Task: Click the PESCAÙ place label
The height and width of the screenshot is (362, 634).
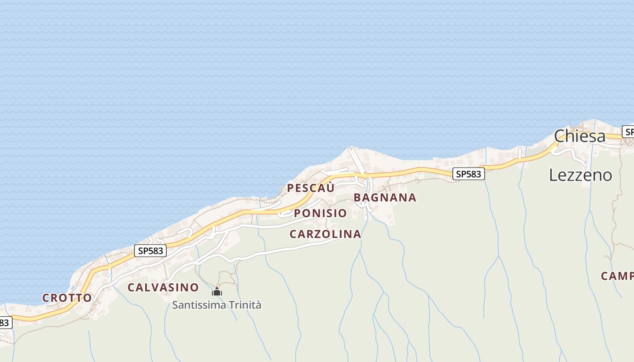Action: (311, 187)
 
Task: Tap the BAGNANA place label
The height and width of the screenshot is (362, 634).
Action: (384, 197)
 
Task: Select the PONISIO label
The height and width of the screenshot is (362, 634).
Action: (320, 213)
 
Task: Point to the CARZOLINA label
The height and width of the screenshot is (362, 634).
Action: (325, 234)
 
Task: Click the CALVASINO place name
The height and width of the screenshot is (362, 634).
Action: (163, 287)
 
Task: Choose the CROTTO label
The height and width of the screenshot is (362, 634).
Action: (67, 298)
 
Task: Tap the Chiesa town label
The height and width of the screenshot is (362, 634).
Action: (580, 136)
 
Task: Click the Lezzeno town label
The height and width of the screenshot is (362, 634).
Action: (581, 175)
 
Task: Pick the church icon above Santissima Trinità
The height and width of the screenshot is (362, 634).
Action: (217, 292)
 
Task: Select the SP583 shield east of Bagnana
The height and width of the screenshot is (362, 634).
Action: (468, 174)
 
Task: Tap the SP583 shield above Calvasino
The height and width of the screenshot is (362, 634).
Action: (150, 251)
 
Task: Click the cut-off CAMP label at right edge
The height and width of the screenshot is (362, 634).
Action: (617, 276)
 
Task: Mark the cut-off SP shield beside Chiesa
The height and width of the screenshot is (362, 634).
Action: (628, 132)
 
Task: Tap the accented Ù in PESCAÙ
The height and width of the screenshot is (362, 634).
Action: (330, 187)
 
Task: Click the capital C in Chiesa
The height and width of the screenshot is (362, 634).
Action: (561, 136)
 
